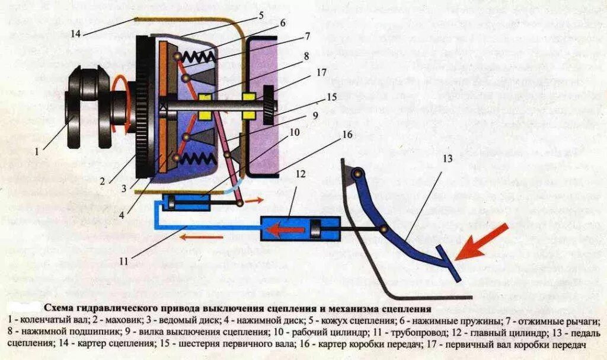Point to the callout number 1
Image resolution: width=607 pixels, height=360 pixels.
37,151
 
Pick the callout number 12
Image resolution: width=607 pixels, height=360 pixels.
301,174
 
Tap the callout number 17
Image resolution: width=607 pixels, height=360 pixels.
321,74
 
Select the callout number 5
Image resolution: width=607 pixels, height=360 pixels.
260,15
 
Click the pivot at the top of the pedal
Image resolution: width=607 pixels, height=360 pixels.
356,174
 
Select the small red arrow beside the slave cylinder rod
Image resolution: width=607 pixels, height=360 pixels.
255,200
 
